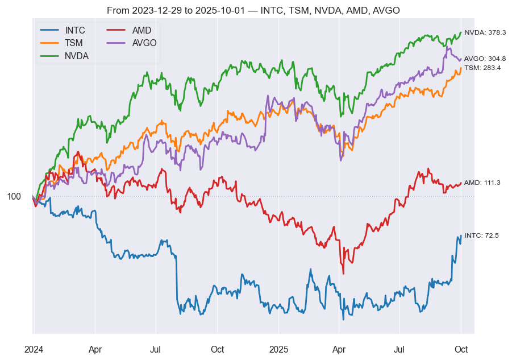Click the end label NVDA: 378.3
pos(485,33)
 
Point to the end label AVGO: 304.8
pos(485,59)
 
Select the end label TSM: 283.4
pos(482,68)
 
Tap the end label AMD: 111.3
pos(482,183)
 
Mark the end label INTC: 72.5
pos(481,235)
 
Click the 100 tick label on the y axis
pos(14,197)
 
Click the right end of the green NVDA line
pos(461,32)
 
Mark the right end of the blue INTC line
pos(461,237)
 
